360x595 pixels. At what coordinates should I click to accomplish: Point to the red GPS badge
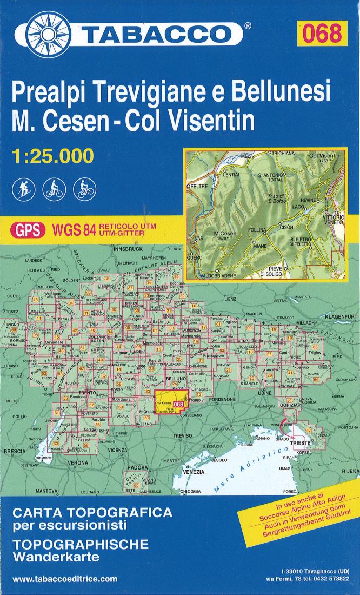pyautogui.click(x=25, y=230)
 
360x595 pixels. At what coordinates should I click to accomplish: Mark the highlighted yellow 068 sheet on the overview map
pyautogui.click(x=171, y=403)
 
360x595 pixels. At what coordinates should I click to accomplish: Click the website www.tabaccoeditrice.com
pyautogui.click(x=64, y=579)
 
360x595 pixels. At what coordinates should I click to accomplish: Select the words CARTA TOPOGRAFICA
pyautogui.click(x=92, y=512)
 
